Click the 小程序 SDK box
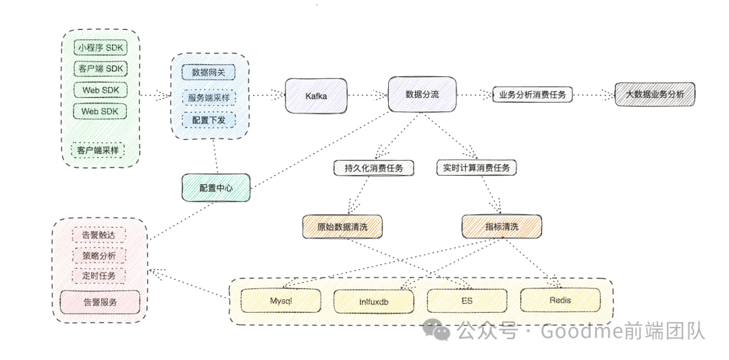[101, 48]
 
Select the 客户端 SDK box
[101, 69]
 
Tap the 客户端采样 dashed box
[98, 150]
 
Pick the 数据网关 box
[209, 71]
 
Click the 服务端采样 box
[209, 97]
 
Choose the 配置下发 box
[209, 120]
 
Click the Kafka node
[316, 96]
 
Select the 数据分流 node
[422, 95]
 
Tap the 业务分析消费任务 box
[533, 95]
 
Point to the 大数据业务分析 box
[654, 95]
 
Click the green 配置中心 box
[216, 188]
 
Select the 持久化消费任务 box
[373, 168]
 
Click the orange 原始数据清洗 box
[341, 226]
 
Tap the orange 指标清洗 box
[502, 226]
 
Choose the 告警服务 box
[100, 302]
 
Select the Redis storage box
[560, 300]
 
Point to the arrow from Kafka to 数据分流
[367, 95]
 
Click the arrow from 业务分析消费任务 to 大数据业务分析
[593, 95]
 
